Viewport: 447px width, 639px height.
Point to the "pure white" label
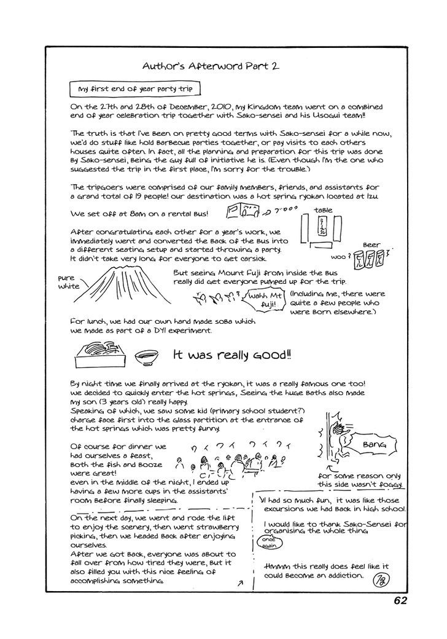tap(69, 282)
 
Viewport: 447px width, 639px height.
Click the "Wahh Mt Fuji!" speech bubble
tap(263, 299)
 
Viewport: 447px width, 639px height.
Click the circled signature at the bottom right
tap(378, 578)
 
